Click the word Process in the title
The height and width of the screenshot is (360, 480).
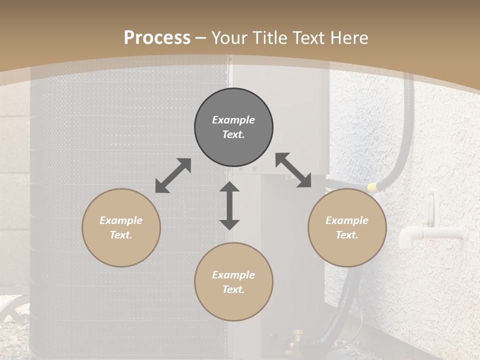(157, 38)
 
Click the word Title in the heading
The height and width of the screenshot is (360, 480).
(270, 38)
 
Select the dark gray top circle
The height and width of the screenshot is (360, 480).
(233, 127)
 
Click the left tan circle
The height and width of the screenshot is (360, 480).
(121, 227)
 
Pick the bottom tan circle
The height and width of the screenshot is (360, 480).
(233, 282)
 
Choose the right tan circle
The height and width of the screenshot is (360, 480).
(347, 227)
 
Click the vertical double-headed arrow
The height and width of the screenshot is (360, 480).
(229, 205)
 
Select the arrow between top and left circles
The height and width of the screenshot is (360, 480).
(173, 175)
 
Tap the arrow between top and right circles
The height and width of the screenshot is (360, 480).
(293, 170)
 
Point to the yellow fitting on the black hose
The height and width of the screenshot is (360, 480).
(372, 187)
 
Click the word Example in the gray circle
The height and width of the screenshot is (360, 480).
(233, 120)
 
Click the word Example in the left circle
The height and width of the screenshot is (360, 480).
(121, 220)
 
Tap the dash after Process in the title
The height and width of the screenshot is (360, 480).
(201, 38)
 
